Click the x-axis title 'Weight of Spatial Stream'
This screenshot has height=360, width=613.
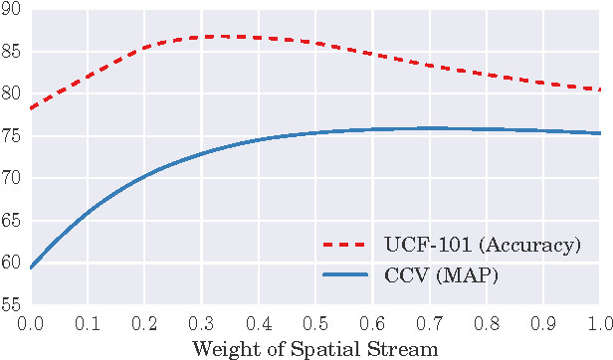coord(314,348)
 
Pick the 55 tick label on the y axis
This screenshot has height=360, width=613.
coord(13,305)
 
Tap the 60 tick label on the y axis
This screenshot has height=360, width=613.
coord(13,263)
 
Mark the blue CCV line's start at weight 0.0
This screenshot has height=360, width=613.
coord(31,268)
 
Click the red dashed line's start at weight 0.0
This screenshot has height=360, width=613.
coord(31,107)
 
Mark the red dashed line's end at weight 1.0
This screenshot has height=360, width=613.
coord(600,90)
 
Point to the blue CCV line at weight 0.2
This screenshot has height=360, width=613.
coord(144,176)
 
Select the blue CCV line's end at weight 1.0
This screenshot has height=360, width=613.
coord(600,133)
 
